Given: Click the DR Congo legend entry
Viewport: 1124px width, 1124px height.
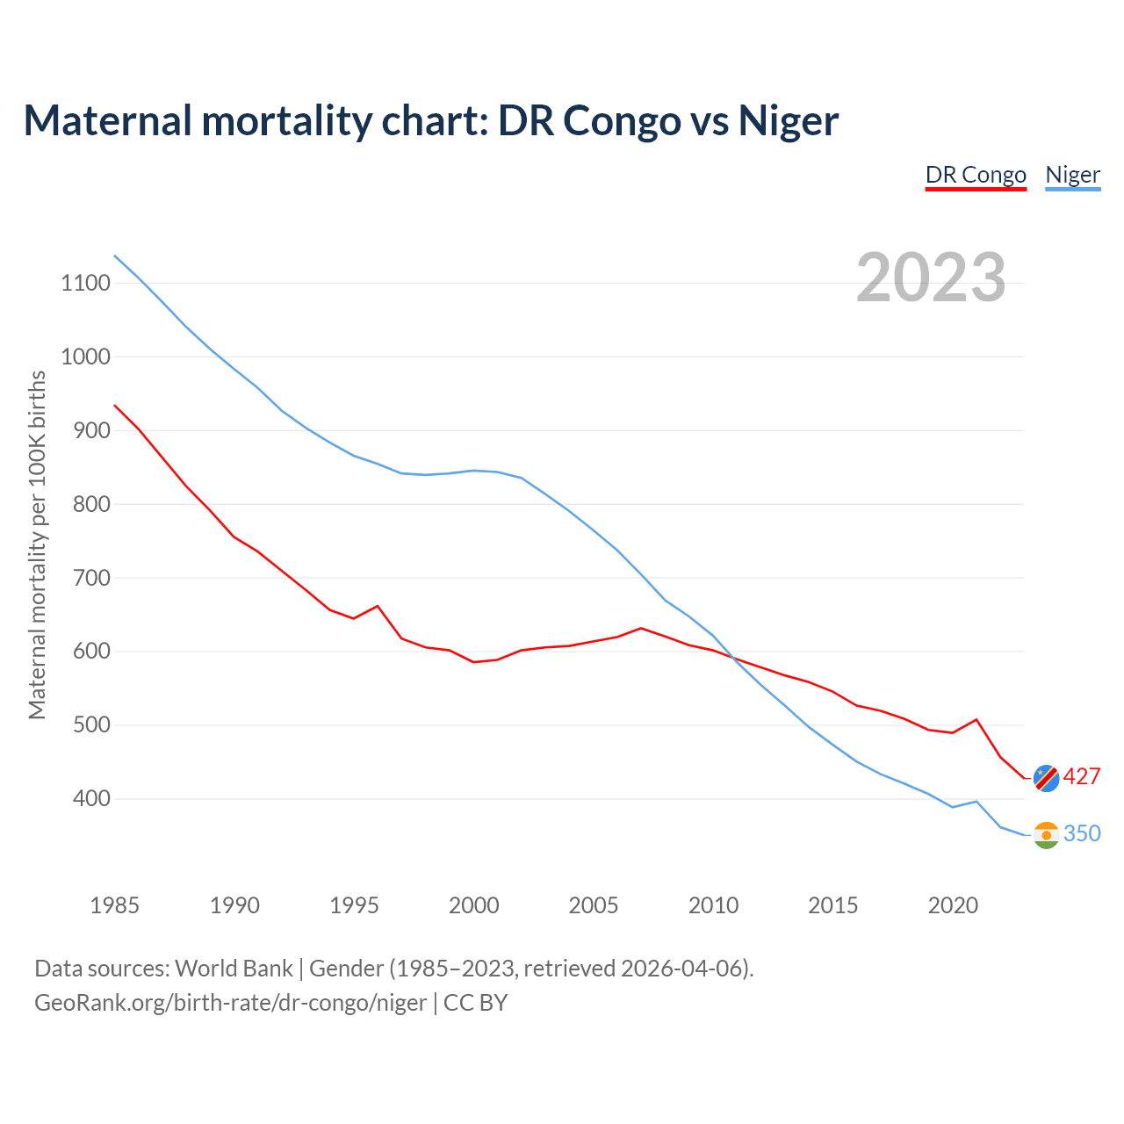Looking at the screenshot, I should (976, 175).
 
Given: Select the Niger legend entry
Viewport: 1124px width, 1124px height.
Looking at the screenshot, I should (1072, 175).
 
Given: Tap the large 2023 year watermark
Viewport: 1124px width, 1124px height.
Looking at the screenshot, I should (931, 277).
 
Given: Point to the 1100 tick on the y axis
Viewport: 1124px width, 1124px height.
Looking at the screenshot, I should (85, 283).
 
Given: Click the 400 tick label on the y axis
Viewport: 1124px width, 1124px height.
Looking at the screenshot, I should (85, 799).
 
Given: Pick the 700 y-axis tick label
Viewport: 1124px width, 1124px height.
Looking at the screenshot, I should (85, 578).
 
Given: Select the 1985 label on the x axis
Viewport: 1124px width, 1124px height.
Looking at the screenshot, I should (114, 905).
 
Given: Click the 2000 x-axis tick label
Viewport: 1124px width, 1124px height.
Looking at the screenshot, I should (473, 905).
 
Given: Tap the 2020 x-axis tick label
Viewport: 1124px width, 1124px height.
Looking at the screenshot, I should (953, 905).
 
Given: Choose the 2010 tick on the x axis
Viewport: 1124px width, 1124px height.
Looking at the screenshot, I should (713, 905).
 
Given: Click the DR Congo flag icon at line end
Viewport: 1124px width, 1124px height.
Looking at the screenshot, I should (1046, 777).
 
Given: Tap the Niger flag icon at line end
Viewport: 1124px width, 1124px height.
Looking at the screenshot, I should (1046, 834).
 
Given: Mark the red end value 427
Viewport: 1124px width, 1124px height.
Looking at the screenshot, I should (1082, 777).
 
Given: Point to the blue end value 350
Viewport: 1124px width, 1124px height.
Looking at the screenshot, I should (1082, 834).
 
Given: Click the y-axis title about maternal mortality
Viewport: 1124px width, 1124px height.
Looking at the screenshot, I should (37, 544).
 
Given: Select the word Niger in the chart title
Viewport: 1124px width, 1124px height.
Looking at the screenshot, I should (788, 120).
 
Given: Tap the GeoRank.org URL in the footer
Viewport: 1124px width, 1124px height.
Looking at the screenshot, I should (230, 1002).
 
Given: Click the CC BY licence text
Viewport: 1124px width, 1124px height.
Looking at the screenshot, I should (475, 1002).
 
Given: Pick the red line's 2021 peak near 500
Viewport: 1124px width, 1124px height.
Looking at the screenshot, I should (976, 720).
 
